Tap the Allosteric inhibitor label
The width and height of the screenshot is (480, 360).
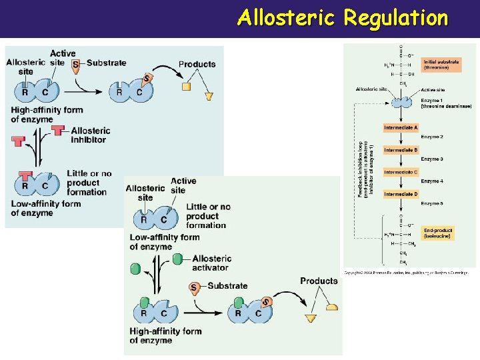[91, 135]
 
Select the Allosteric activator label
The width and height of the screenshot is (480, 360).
[212, 263]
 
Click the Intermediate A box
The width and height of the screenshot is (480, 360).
[401, 127]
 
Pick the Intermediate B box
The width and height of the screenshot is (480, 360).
[401, 150]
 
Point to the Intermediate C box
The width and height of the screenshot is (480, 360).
[401, 172]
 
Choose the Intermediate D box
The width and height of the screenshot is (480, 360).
[401, 194]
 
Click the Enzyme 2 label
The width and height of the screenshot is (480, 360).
[431, 137]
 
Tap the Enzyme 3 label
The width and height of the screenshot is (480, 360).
[431, 159]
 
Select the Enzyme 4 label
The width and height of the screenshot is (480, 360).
[431, 181]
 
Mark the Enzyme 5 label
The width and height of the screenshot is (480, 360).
[431, 203]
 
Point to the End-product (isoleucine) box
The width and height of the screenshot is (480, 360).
[439, 233]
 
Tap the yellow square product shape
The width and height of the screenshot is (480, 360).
[187, 87]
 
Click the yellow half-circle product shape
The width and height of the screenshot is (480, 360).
[331, 307]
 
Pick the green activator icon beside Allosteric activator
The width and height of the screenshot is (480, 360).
[178, 259]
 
